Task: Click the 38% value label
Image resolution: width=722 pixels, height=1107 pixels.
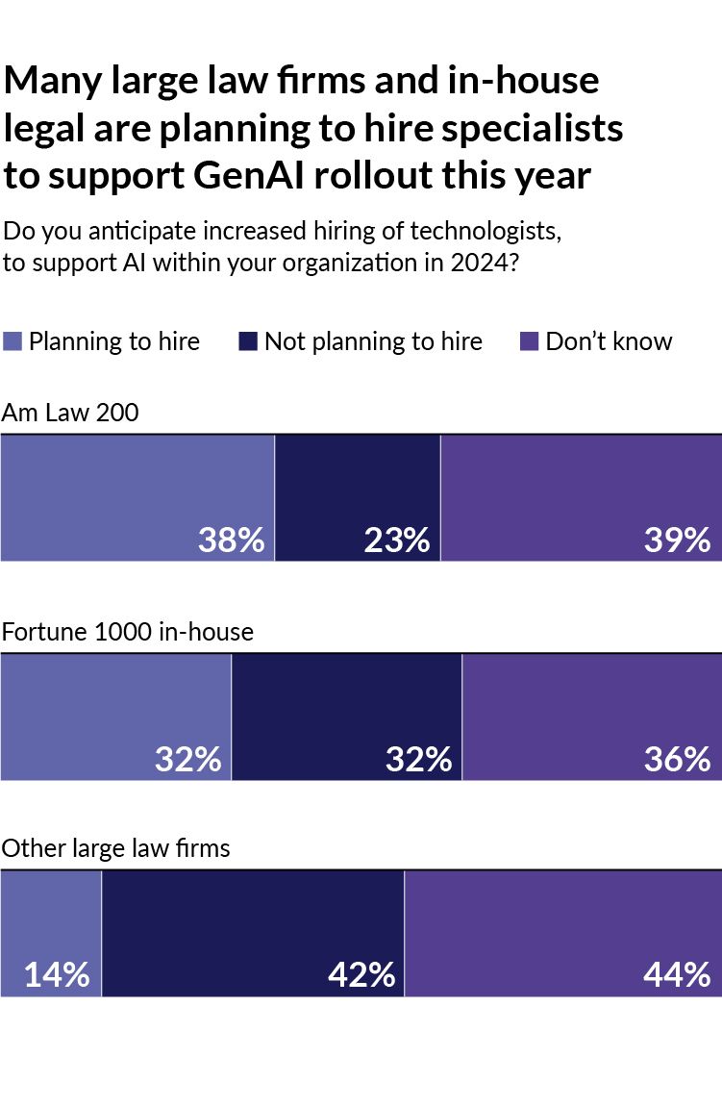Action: [x=231, y=540]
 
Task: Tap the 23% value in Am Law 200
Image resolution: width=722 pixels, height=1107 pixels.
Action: [x=396, y=540]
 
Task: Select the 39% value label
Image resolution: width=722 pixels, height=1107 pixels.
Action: [x=677, y=540]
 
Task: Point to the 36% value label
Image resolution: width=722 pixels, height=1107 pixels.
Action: [x=677, y=759]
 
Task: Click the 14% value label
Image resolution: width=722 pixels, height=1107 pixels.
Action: [x=57, y=974]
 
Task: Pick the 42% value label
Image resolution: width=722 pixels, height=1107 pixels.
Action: [x=361, y=974]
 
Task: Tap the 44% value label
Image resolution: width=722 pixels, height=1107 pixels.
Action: [x=677, y=974]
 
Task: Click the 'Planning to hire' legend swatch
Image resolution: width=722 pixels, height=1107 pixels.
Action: [x=12, y=341]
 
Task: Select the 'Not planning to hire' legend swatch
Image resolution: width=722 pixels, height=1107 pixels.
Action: [x=248, y=341]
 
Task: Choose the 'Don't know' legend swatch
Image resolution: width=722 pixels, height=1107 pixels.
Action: [x=530, y=341]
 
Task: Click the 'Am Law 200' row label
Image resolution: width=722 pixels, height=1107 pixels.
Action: [x=70, y=414]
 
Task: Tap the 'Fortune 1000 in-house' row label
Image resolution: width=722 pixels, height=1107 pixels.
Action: [x=127, y=632]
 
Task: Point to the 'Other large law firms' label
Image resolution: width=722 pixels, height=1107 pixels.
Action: [x=115, y=848]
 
